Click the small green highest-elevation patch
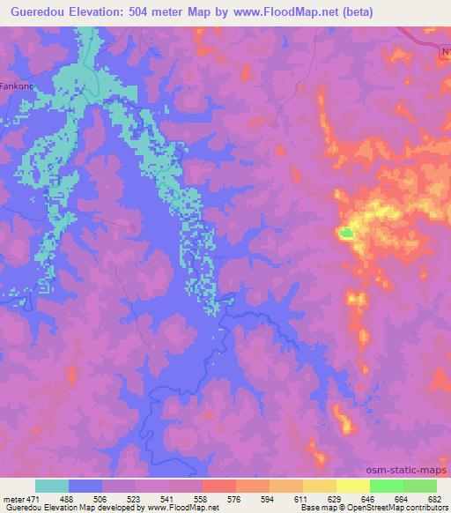[x=347, y=234]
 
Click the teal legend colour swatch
[x=52, y=486]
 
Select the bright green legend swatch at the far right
[x=419, y=486]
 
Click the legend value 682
[x=435, y=498]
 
